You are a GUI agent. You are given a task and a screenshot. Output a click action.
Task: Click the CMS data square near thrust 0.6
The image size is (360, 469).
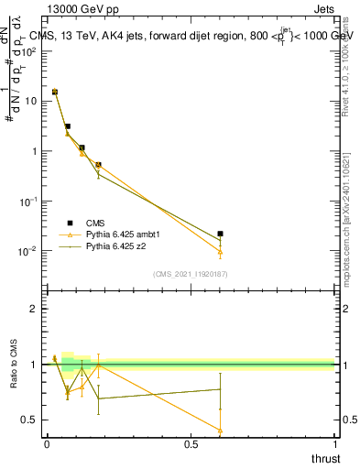pos(220,234)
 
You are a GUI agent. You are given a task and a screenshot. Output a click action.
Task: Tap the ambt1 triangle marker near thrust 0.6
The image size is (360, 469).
pos(220,251)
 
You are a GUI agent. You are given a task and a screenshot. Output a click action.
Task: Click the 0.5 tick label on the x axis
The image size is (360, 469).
pos(191,444)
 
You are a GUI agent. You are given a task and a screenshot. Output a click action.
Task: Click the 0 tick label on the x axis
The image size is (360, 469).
pos(47,444)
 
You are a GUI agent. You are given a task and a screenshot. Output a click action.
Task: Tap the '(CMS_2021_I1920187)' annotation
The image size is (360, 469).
pos(190,274)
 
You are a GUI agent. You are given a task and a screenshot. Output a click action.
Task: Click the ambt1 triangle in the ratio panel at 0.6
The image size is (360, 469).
pos(220,430)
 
